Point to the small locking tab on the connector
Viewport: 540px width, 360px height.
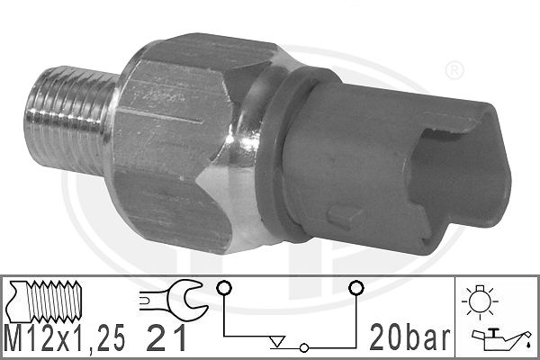coord(341,216)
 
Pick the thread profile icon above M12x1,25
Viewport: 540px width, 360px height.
coord(49,300)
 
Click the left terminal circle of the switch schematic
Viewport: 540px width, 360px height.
coord(223,288)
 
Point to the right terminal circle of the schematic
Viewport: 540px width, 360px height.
coord(355,288)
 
